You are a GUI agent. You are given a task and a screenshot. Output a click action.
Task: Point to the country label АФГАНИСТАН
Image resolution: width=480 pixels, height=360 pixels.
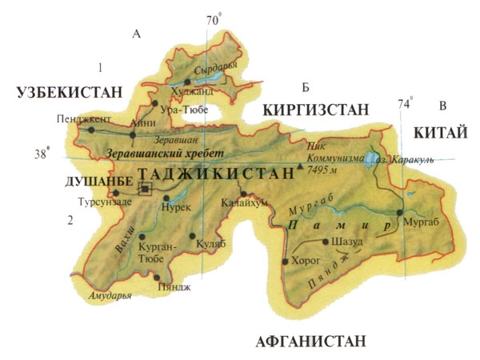pyautogui.click(x=311, y=342)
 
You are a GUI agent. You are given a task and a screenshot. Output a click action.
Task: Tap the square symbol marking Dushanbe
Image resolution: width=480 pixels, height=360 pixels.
pyautogui.click(x=146, y=189)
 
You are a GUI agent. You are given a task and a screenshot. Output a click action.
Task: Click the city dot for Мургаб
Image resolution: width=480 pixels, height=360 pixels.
pyautogui.click(x=399, y=212)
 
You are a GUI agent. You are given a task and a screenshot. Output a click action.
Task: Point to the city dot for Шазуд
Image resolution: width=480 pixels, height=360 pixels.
pyautogui.click(x=325, y=241)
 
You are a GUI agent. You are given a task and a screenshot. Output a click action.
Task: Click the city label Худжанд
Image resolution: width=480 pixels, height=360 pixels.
pyautogui.click(x=212, y=90)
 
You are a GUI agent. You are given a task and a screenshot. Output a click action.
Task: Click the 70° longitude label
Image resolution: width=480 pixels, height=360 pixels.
pyautogui.click(x=211, y=21)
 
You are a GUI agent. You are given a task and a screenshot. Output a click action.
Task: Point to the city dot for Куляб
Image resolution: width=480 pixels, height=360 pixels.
pyautogui.click(x=193, y=236)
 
